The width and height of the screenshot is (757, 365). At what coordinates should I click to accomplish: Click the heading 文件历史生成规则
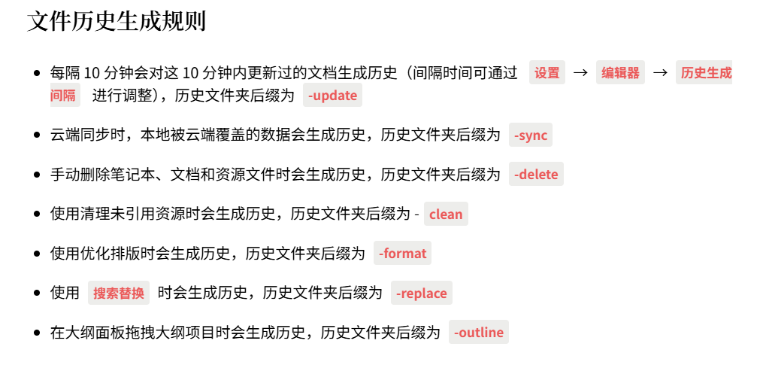pos(117,22)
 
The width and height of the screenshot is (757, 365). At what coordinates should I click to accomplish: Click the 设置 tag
pos(547,73)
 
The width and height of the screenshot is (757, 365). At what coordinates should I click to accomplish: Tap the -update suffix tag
pos(333,96)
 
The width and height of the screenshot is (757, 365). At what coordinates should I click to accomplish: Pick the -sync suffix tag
pos(531,135)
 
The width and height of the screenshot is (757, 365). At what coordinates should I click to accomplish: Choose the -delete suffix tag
pos(536,175)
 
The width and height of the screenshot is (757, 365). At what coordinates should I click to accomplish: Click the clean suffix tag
pos(446,214)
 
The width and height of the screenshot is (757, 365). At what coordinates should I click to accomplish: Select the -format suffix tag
pos(402,254)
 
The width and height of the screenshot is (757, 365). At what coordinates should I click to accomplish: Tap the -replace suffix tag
pos(421,294)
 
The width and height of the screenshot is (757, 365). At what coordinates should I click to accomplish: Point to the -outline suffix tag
pos(479,333)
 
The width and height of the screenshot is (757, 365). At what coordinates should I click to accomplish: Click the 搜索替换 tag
pos(119,294)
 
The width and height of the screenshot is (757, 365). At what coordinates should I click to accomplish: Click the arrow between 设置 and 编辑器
pos(580,73)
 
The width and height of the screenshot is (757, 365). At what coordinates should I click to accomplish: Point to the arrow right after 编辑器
pos(660,73)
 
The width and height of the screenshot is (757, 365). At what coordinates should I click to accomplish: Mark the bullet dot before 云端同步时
pos(37,135)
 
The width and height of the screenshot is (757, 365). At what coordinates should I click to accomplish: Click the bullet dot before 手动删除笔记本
pos(37,175)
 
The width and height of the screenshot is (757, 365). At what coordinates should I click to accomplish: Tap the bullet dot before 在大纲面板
pos(37,333)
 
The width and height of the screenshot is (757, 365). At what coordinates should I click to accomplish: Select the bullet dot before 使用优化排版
pos(37,254)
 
